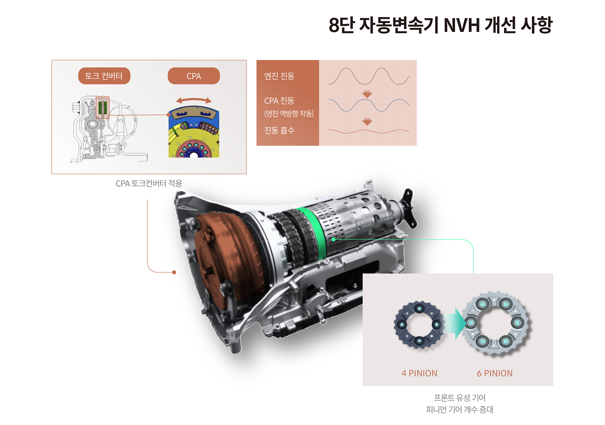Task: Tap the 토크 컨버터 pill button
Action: (104, 76)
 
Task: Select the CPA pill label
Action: (194, 76)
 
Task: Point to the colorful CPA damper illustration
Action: (194, 133)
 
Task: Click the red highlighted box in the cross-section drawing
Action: (102, 108)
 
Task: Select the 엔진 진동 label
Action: (279, 76)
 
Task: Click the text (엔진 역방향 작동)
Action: (289, 113)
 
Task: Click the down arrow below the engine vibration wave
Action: (367, 94)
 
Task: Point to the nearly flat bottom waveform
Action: (368, 131)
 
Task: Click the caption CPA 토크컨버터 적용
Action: (149, 183)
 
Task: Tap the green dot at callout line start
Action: (333, 240)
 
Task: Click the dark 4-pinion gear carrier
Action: (419, 324)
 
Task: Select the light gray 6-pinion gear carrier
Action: (494, 323)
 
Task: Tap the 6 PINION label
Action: (494, 373)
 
